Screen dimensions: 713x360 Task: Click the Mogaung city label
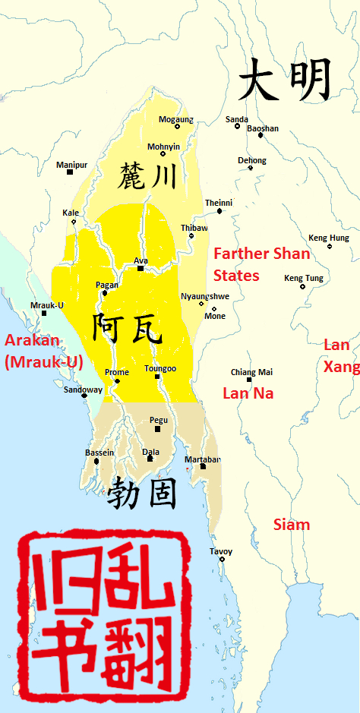[x=175, y=119]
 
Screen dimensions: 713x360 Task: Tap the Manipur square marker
[x=70, y=172]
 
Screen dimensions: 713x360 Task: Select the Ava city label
[x=141, y=260]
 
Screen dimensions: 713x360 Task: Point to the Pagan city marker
[x=105, y=292]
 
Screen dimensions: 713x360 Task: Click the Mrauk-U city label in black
[x=46, y=304]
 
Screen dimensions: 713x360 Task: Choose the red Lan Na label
[x=248, y=393]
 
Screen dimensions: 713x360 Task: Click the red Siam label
[x=292, y=525]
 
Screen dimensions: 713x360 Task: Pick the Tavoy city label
[x=221, y=551]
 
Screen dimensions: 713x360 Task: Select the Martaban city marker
[x=203, y=466]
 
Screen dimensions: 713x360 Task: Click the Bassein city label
[x=99, y=453]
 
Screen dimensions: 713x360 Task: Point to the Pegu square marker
[x=158, y=429]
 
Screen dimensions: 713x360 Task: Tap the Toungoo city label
[x=159, y=368]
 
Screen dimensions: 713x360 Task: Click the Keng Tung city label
[x=303, y=278]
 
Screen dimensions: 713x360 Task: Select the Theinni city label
[x=219, y=203]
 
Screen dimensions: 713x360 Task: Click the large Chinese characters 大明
[x=285, y=80]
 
